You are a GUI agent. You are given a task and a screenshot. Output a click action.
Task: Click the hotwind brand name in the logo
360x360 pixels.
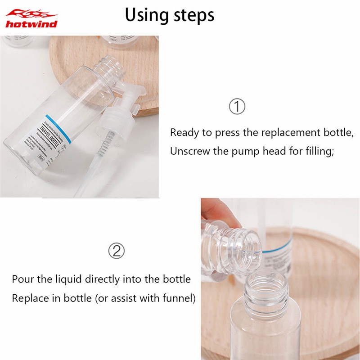[31, 24]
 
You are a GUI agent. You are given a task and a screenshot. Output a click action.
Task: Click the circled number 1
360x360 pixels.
[237, 107]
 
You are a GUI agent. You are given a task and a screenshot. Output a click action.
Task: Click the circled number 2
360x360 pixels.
[117, 250]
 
